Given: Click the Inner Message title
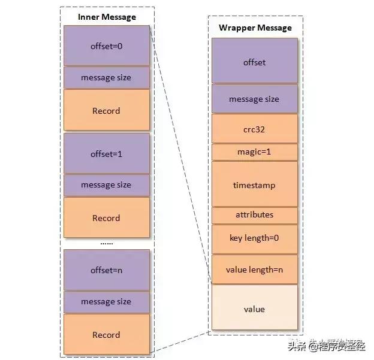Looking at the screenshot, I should coord(107,17).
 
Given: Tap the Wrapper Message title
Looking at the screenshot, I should coord(255,28).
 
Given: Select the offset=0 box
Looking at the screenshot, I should coord(106,46).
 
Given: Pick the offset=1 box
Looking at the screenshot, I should coord(106,153).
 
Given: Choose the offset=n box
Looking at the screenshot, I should coord(106,270).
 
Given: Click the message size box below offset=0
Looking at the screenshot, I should coord(106,77).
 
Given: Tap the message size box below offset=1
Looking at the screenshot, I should coord(106,185).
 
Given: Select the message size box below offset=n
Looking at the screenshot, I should coord(106,302).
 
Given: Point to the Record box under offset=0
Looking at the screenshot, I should coord(106,111).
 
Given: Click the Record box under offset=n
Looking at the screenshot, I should coord(106,335).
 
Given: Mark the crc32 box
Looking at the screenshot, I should coord(255,128).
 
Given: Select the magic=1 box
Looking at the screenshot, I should coord(255,152).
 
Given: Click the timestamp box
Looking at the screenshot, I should coord(255,184).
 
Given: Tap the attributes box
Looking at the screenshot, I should coord(255,214).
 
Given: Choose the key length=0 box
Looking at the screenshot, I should coord(255,238).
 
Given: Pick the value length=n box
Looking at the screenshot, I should coord(255,270).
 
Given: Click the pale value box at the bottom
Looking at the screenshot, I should coord(255,309).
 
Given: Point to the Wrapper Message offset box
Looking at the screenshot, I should coord(255,62).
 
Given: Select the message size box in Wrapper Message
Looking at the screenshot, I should coord(255,99).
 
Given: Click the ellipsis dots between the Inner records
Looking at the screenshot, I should coord(106,243).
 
